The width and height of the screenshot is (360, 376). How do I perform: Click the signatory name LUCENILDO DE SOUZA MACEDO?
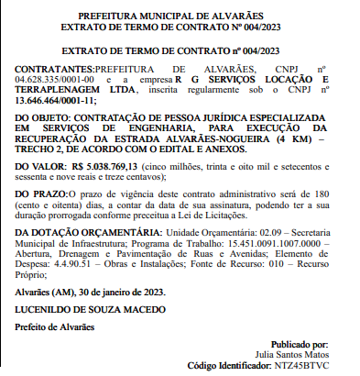pyautogui.click(x=88, y=311)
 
